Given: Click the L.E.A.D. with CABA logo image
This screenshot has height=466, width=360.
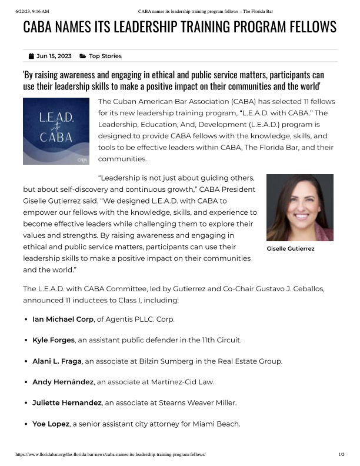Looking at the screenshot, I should pyautogui.click(x=56, y=130).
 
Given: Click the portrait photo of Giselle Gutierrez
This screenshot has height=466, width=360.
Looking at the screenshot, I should pyautogui.click(x=300, y=207).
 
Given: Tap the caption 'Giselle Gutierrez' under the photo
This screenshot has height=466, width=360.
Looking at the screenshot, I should pyautogui.click(x=291, y=249).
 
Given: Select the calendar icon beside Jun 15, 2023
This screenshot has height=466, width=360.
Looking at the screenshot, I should pyautogui.click(x=31, y=56).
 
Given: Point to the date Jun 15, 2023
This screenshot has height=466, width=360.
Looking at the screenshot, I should pyautogui.click(x=54, y=56).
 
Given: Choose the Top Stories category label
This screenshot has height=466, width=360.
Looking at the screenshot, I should pyautogui.click(x=105, y=56).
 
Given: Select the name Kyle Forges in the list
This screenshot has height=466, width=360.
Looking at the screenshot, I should pyautogui.click(x=54, y=340).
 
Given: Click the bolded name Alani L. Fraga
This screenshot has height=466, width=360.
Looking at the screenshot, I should pyautogui.click(x=57, y=361).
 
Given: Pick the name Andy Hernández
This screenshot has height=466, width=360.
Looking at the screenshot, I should pyautogui.click(x=63, y=382).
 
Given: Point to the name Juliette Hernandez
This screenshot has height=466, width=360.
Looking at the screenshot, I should pyautogui.click(x=66, y=402).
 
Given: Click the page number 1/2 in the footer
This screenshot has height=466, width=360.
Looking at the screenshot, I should pyautogui.click(x=341, y=455).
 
